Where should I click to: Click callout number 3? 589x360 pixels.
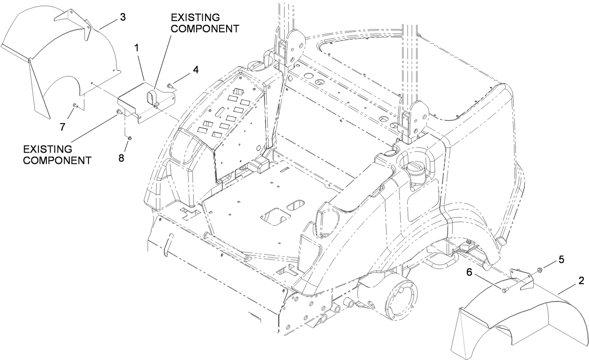tap(123, 18)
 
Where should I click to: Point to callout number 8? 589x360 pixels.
tap(121, 158)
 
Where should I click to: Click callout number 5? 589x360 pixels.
tap(561, 258)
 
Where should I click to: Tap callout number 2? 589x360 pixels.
tap(581, 281)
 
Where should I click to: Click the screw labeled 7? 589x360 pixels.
tap(74, 106)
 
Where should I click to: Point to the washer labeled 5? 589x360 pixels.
tap(540, 270)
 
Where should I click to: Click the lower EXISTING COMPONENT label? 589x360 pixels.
tap(57, 154)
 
